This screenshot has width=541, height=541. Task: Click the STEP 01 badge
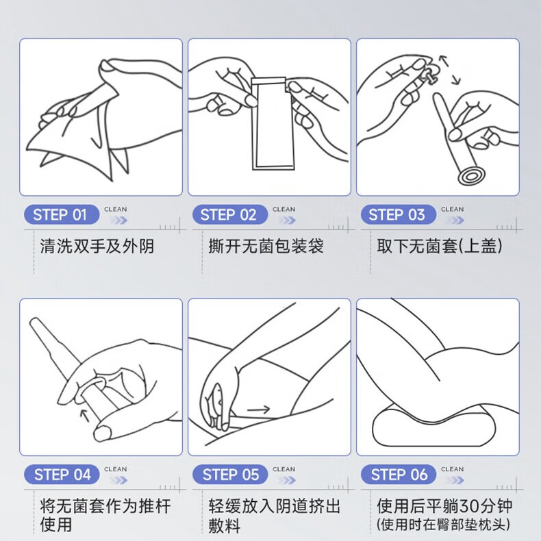60,215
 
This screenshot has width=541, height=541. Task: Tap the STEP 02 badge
228,215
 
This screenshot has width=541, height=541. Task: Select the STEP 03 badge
397,215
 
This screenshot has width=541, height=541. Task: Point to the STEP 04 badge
62,475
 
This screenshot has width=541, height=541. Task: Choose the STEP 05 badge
230,475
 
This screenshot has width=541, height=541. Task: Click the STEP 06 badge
399,475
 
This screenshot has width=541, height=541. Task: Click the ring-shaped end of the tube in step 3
470,177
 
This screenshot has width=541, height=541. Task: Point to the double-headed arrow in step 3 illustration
449,70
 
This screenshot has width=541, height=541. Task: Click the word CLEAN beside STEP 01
115,210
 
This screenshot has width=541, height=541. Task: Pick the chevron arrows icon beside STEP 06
453,479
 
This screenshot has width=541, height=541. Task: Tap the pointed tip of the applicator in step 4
34,322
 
